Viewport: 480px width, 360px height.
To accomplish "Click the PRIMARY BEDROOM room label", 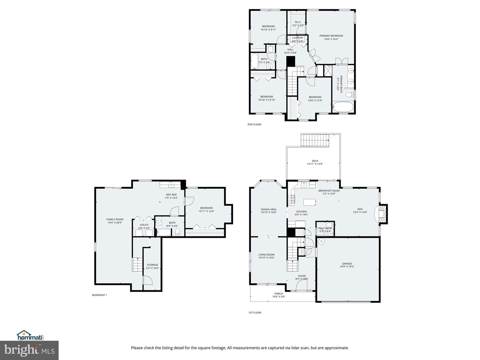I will [x=331, y=36].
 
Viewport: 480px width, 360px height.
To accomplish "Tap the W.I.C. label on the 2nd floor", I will [x=298, y=22].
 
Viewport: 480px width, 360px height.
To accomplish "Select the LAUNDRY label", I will [x=298, y=38].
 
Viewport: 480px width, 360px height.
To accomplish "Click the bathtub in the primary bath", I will [x=343, y=107].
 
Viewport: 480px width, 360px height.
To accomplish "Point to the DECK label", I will [x=315, y=161].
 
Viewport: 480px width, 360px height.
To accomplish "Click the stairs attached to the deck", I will [x=315, y=140].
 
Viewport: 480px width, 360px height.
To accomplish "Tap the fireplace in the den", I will [x=382, y=214].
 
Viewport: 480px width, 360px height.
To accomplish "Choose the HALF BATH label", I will [x=325, y=228].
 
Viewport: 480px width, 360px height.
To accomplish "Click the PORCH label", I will [x=279, y=294].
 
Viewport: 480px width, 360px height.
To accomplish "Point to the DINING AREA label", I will [x=268, y=210].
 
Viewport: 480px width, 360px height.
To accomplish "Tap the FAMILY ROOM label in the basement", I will [x=115, y=219].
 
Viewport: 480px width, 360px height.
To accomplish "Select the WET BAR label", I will [x=171, y=195].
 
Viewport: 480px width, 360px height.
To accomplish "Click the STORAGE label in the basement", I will [x=153, y=265].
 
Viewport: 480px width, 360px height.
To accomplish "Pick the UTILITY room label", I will [x=144, y=225].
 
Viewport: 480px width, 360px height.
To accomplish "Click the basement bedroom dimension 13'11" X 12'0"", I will [x=206, y=211].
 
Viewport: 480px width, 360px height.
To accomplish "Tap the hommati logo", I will [x=30, y=335].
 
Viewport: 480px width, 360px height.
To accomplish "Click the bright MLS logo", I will [x=29, y=350].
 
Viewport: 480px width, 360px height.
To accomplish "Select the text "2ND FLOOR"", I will [x=254, y=124].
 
